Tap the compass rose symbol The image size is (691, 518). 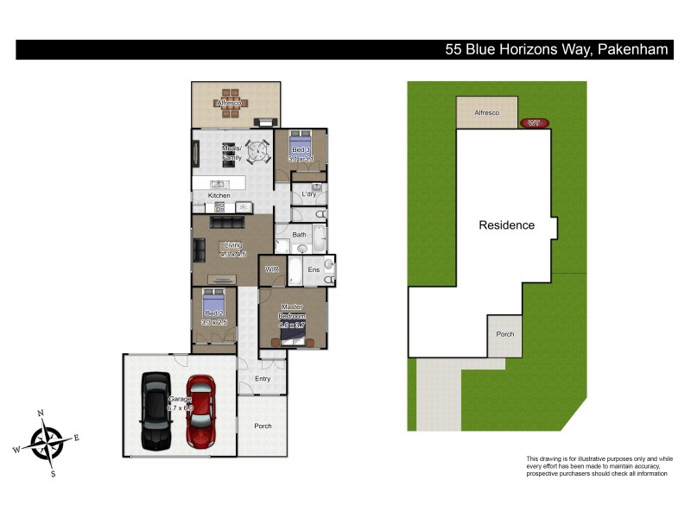(47, 442)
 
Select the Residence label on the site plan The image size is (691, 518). (507, 225)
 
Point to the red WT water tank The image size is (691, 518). (535, 123)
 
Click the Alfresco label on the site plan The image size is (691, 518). (486, 113)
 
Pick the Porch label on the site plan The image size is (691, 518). (504, 334)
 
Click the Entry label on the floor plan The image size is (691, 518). (263, 379)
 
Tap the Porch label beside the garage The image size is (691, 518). (263, 426)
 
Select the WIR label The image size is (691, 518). (271, 269)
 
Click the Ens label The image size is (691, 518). (313, 270)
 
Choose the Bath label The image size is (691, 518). (299, 234)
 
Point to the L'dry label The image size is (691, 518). (308, 195)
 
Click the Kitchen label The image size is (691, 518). (219, 196)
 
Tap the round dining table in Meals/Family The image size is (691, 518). (258, 152)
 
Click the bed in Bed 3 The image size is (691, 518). (301, 145)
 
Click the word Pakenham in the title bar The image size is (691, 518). (631, 49)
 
